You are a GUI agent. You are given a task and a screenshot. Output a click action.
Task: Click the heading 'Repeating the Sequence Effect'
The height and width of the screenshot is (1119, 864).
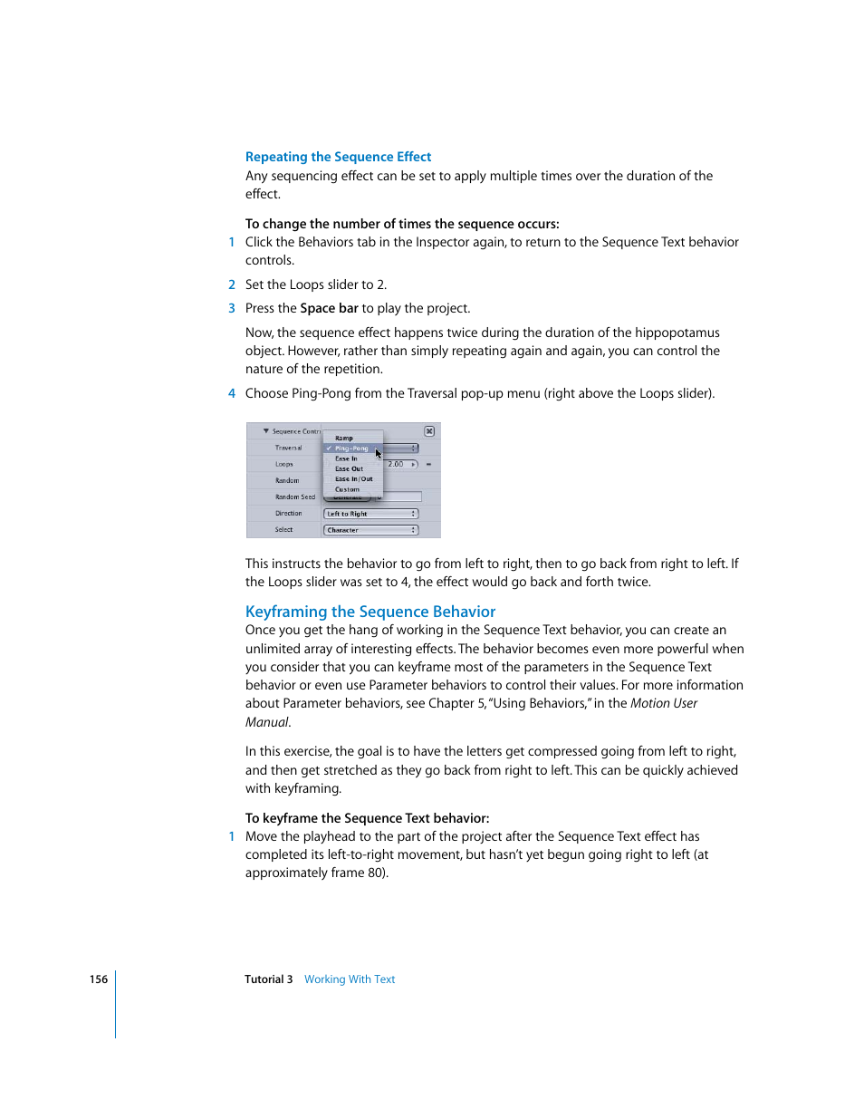pos(338,157)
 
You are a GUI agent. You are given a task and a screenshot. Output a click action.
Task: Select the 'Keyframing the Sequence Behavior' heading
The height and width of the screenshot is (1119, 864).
pos(370,612)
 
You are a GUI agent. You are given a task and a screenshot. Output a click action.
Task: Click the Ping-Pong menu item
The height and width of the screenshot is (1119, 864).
pos(351,449)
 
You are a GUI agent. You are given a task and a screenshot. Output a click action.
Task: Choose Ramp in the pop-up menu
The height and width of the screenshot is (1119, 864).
pos(344,438)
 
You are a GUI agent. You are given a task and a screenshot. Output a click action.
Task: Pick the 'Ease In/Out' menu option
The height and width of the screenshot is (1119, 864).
pos(353,479)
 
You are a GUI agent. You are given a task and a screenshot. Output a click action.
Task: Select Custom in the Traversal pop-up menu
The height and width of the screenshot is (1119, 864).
pos(347,489)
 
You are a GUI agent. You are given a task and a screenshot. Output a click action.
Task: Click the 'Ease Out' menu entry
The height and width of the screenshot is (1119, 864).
pos(349,469)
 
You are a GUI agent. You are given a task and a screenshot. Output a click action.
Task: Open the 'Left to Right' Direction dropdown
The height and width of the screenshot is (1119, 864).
pos(370,514)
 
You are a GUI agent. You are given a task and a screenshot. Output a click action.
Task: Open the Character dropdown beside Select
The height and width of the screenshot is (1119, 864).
pos(370,530)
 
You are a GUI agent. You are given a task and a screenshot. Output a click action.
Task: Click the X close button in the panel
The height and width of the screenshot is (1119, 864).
pos(429,431)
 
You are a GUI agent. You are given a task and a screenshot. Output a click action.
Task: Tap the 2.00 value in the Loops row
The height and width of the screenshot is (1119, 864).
pos(396,464)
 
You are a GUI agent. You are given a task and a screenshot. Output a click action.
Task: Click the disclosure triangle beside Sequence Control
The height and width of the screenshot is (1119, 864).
pos(266,431)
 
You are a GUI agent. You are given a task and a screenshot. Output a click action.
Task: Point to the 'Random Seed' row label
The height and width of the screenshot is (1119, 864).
pos(295,497)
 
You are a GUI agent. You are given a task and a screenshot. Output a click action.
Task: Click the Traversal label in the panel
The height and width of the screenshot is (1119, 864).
pos(289,448)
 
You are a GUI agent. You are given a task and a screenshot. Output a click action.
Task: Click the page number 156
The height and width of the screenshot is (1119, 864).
pos(99,979)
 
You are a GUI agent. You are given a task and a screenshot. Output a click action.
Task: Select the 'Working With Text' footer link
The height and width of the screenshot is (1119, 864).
pos(350,979)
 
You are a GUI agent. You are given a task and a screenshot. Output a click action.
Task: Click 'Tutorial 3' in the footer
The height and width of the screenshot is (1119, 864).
pos(268,979)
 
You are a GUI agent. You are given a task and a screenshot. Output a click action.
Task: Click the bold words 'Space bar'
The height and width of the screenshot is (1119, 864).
pos(329,308)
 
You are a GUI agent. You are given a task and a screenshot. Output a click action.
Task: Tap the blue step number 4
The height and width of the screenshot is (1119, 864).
pos(232,393)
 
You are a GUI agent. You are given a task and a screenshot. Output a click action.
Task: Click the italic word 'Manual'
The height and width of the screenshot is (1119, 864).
pos(266,722)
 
